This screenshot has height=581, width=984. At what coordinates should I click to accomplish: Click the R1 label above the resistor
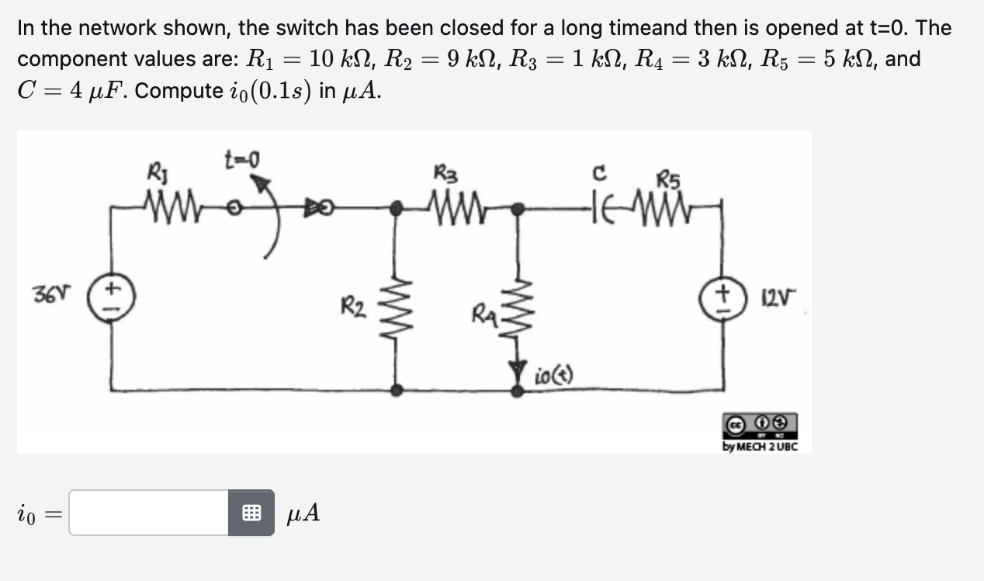[154, 169]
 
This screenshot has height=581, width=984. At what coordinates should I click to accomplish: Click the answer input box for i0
[149, 513]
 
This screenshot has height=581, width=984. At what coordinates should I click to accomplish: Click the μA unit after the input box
[303, 513]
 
